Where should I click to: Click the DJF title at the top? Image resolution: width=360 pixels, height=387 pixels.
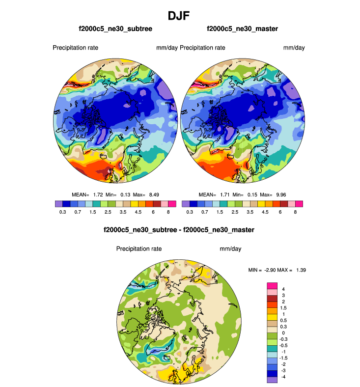coord(179,16)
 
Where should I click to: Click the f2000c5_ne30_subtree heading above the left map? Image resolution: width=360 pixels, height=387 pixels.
coord(115,29)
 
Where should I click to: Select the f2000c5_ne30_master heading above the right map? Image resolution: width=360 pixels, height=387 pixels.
coord(242,29)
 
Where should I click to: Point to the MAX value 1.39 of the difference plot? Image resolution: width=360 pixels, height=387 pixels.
coord(301,270)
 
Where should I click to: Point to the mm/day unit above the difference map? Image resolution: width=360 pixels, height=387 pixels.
coord(230,249)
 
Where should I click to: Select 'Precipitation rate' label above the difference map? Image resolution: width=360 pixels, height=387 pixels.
coord(139,249)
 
